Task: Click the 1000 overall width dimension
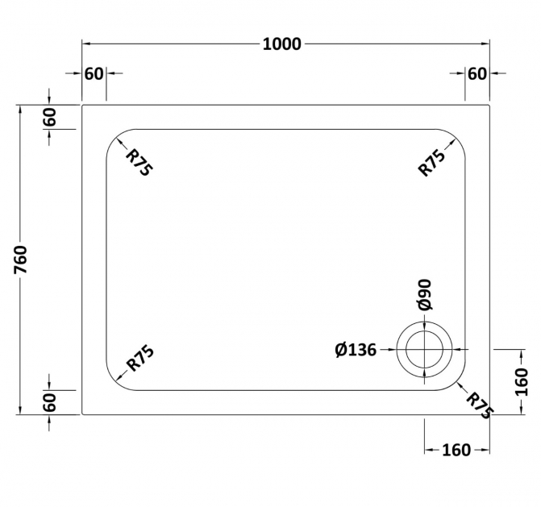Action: (282, 44)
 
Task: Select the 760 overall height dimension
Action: (21, 260)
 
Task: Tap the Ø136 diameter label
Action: (356, 350)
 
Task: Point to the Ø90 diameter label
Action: (424, 294)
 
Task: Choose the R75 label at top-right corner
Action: (431, 163)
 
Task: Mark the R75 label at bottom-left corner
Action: (140, 359)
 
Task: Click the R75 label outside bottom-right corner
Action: (480, 405)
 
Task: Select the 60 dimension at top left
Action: (94, 74)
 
